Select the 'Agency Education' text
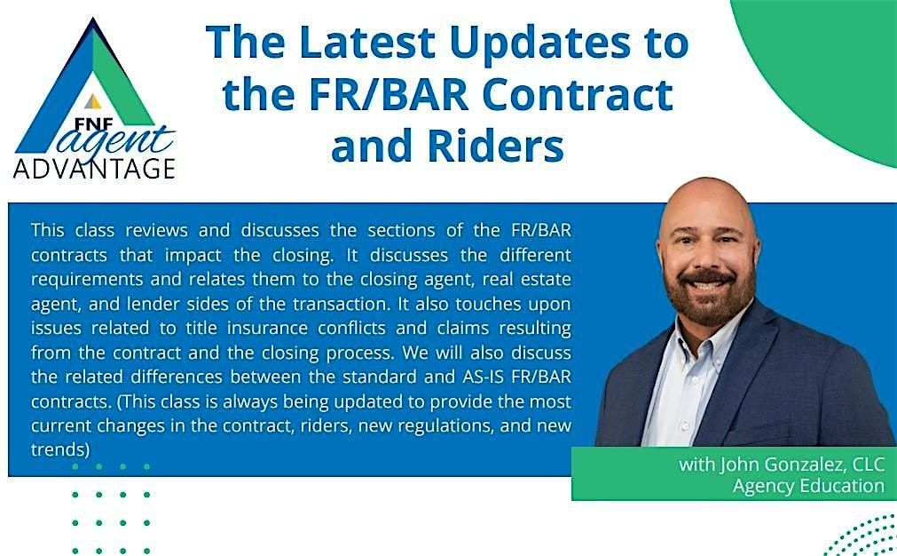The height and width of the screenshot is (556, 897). pyautogui.click(x=808, y=486)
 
